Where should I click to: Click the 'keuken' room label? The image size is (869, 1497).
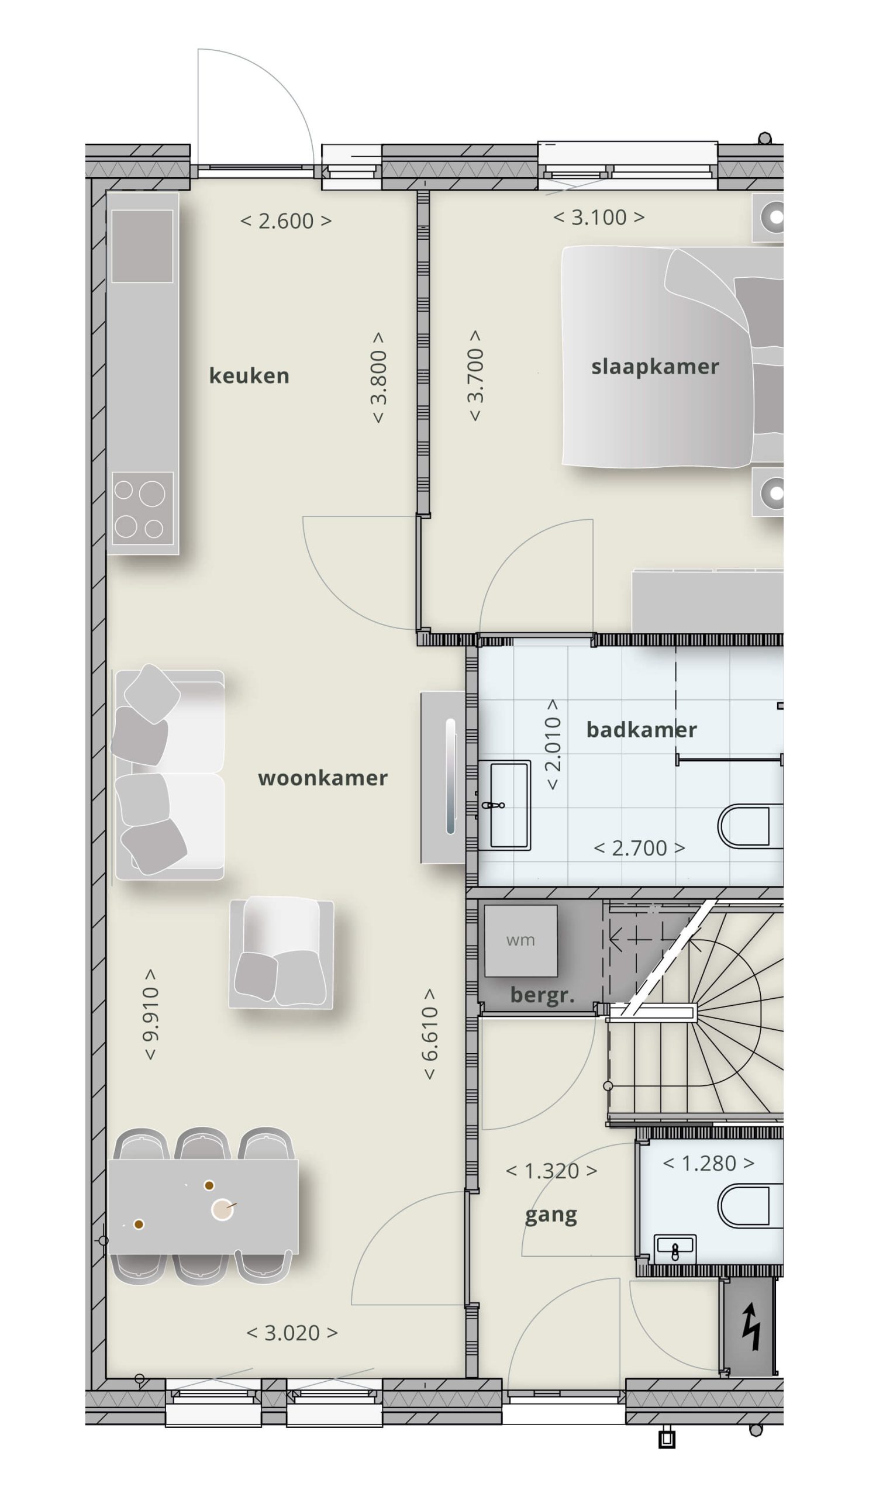coord(249,375)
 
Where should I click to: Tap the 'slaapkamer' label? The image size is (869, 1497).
coord(654,367)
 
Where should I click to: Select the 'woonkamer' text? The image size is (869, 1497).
coord(323,778)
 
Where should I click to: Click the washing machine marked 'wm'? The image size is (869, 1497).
coord(520,940)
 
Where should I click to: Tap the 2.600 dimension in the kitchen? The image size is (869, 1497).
coord(286,221)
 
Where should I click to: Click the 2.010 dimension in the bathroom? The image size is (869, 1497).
coord(553,744)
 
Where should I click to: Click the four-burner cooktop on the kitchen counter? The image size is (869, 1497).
coord(143,509)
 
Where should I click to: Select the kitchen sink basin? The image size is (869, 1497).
coord(142,246)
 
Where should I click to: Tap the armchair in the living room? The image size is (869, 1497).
coord(281,953)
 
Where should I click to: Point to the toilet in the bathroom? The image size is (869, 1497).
coord(750,826)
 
